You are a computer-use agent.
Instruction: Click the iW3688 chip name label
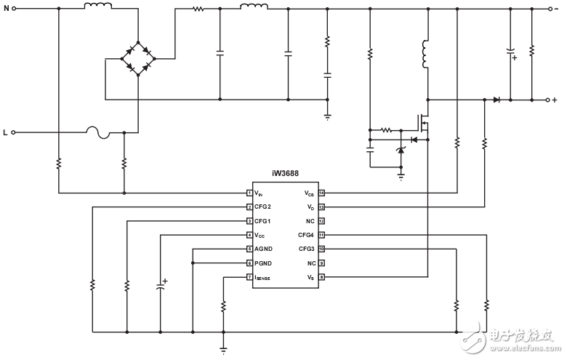coord(286,174)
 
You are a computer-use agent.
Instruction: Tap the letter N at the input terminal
coord(6,9)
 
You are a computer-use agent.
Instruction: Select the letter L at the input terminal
coord(6,133)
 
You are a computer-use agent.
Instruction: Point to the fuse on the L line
coord(97,132)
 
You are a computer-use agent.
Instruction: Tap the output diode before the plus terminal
coord(496,100)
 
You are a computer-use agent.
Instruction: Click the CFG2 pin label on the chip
coord(264,207)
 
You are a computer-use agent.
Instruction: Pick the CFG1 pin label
coord(264,221)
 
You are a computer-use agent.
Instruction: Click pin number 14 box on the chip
coord(321,193)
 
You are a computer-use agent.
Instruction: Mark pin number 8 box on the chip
coord(321,277)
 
